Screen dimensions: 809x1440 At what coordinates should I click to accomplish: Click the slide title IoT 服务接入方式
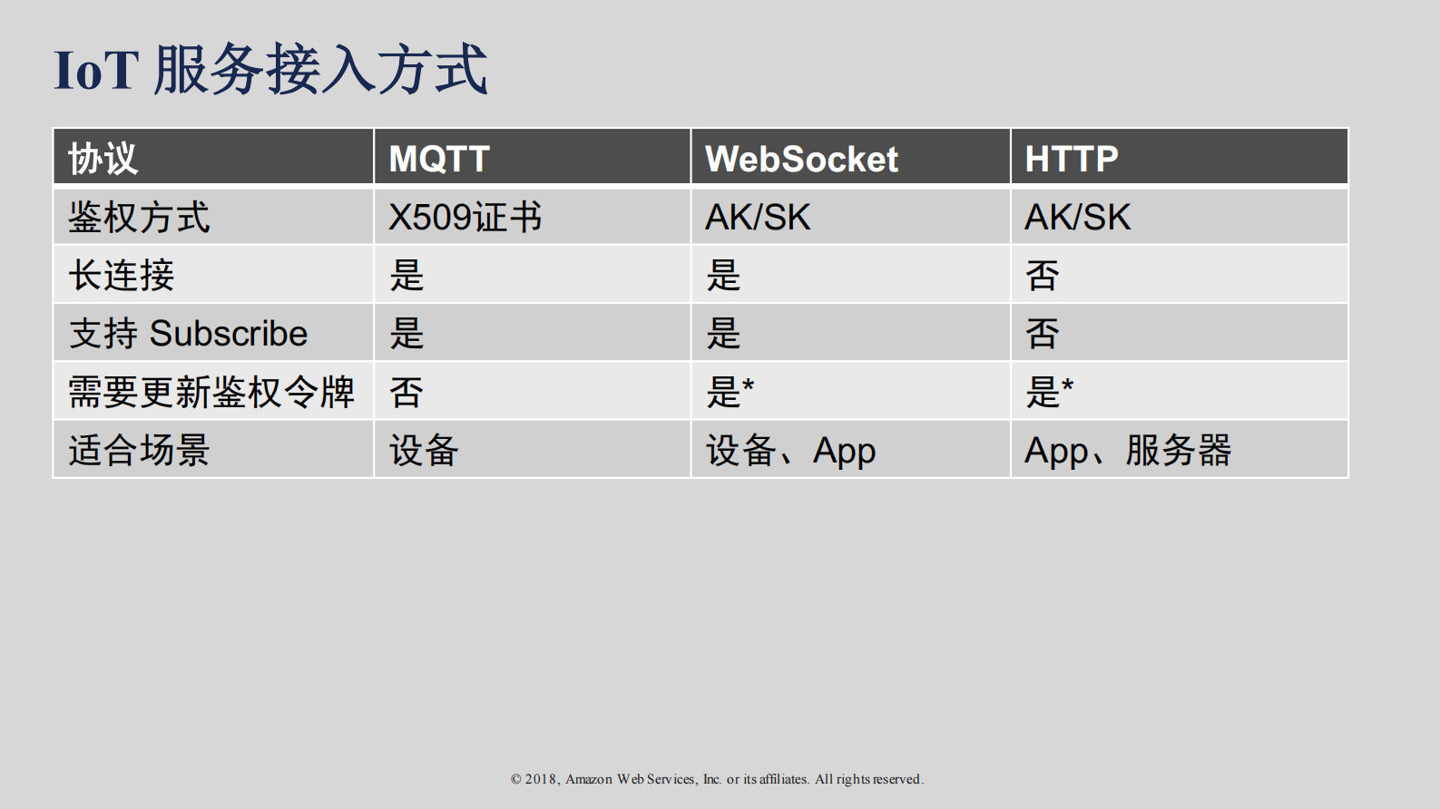pos(270,70)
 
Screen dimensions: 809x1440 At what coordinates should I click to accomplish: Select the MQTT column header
pos(439,159)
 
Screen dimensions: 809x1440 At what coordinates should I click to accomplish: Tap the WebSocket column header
pos(801,159)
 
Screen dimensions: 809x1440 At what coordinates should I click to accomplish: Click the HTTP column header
pos(1071,159)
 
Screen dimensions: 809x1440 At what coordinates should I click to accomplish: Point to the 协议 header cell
pos(103,159)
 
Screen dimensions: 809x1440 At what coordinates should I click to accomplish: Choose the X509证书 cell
pos(465,218)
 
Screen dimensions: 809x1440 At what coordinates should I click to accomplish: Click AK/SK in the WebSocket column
pos(758,218)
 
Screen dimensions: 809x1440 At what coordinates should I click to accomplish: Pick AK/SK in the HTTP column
pos(1077,218)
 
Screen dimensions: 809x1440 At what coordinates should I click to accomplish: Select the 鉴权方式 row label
pos(139,218)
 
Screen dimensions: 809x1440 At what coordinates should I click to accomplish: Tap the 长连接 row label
pos(122,276)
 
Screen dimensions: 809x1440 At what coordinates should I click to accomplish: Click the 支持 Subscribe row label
pos(189,334)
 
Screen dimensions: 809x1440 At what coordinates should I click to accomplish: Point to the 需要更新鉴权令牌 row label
pos(211,392)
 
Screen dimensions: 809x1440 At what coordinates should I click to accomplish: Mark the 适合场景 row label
pos(139,450)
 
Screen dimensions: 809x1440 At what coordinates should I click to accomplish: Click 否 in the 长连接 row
pos(1042,276)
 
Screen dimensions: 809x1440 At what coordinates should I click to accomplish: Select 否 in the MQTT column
pos(407,392)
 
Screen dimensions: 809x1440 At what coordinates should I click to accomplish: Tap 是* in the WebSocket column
pos(730,392)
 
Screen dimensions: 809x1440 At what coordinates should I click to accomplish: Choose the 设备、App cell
pos(790,450)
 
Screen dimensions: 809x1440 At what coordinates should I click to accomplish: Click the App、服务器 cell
pos(1128,450)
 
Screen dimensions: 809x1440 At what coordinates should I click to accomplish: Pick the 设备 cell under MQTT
pos(424,450)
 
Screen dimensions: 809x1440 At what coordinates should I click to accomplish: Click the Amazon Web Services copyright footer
pos(717,779)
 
